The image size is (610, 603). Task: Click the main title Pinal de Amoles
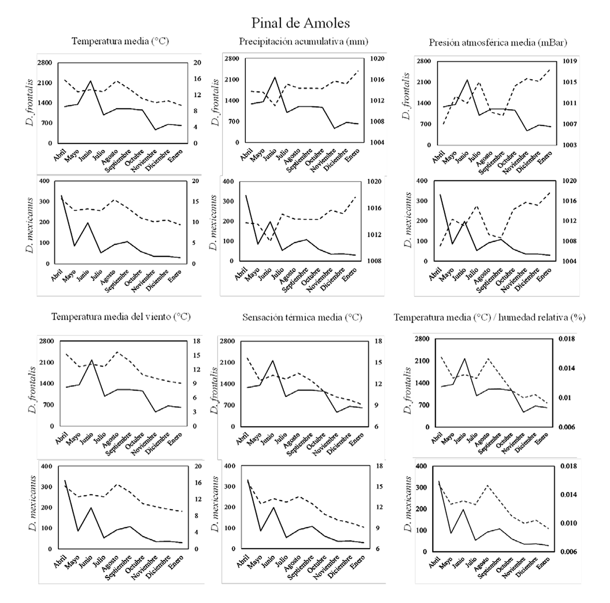[x=301, y=23]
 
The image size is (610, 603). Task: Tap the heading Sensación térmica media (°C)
[x=302, y=317]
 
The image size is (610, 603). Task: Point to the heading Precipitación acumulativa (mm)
[x=304, y=41]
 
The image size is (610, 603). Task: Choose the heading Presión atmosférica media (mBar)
[x=498, y=42]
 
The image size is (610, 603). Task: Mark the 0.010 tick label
[x=568, y=523]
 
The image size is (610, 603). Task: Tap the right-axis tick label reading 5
[x=194, y=243]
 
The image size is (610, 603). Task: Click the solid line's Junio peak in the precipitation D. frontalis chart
[x=274, y=78]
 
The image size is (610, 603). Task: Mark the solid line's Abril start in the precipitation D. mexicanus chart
[x=246, y=195]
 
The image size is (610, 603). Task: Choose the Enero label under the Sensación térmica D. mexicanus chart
[x=358, y=562]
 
